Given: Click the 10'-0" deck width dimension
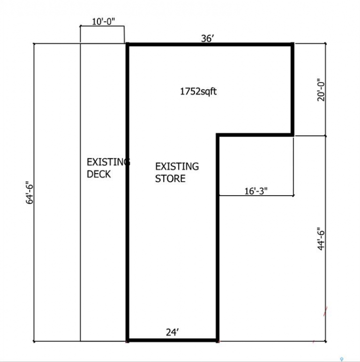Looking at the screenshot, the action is [103, 22].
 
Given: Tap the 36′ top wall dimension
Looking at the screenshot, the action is [207, 39].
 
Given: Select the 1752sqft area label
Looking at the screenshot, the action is [198, 92].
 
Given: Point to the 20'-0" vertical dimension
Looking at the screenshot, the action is [321, 92].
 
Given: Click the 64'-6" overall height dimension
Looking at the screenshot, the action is [30, 193].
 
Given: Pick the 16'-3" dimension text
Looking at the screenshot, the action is [256, 191].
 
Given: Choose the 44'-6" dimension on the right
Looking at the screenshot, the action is [321, 239].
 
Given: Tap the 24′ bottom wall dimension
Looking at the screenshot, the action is [172, 332].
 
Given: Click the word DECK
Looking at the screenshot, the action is [99, 174].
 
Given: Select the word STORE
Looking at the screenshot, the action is [170, 178].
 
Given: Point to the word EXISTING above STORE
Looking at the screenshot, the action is [177, 166].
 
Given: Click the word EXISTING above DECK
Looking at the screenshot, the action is [108, 162].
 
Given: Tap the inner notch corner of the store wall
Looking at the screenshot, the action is [217, 135].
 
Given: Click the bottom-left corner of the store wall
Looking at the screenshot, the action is [127, 341].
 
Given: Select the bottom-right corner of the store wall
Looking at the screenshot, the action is [218, 341].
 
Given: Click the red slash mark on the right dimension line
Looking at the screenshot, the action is [325, 311].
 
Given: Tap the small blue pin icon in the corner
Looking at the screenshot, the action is [342, 359].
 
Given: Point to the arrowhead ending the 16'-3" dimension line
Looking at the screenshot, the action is [293, 196].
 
